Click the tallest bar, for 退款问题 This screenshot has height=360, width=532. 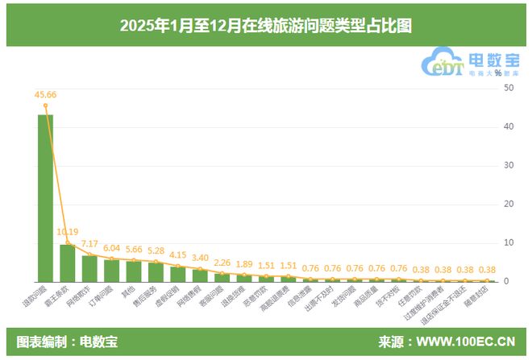pos(45,198)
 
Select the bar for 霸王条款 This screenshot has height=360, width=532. pos(68,263)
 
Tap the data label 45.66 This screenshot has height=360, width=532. pos(45,95)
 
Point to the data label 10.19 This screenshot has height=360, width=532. pos(68,232)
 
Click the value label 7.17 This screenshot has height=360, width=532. pos(89,243)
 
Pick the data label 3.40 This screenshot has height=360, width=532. pos(200,258)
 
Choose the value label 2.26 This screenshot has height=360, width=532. pos(222,262)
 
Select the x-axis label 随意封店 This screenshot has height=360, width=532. pos(478,299)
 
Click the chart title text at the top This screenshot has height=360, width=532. pos(266,26)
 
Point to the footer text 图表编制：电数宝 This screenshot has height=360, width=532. pos(67,341)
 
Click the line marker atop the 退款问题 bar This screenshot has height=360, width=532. pos(45,106)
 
